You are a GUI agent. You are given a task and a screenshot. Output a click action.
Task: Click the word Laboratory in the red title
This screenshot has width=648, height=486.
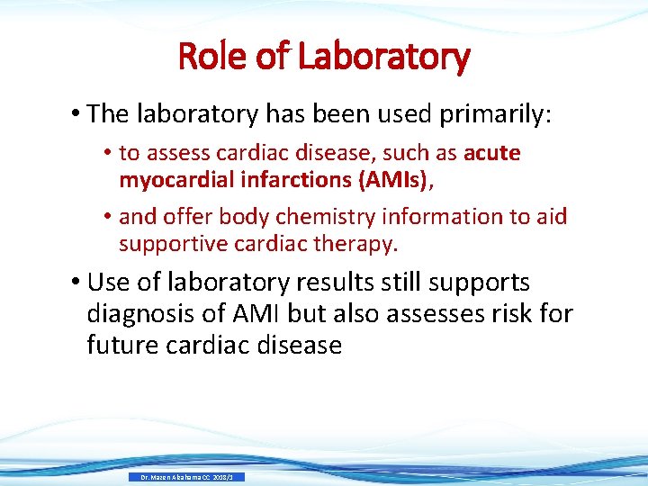click(x=383, y=57)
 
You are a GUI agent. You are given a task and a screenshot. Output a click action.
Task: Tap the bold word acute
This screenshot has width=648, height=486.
click(x=492, y=153)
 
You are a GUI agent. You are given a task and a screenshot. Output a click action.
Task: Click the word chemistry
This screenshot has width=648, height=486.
click(x=328, y=217)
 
